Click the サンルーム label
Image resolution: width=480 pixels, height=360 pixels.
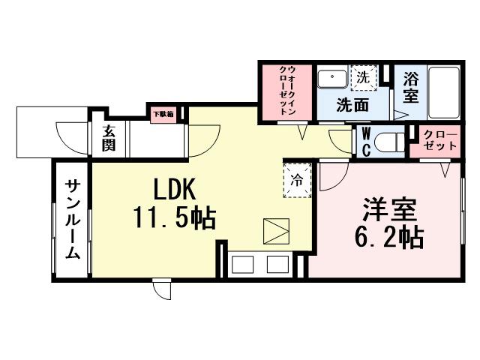point(72,220)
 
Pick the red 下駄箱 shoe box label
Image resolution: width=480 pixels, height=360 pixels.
point(163,115)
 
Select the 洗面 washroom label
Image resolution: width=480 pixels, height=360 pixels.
point(352,106)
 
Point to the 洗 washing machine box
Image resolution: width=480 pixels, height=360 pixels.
point(362,77)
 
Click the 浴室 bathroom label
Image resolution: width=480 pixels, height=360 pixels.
point(411,88)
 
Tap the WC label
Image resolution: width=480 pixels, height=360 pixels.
point(364,139)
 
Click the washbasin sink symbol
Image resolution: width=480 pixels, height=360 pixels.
point(333,78)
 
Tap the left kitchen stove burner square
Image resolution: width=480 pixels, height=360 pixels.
point(244,265)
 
